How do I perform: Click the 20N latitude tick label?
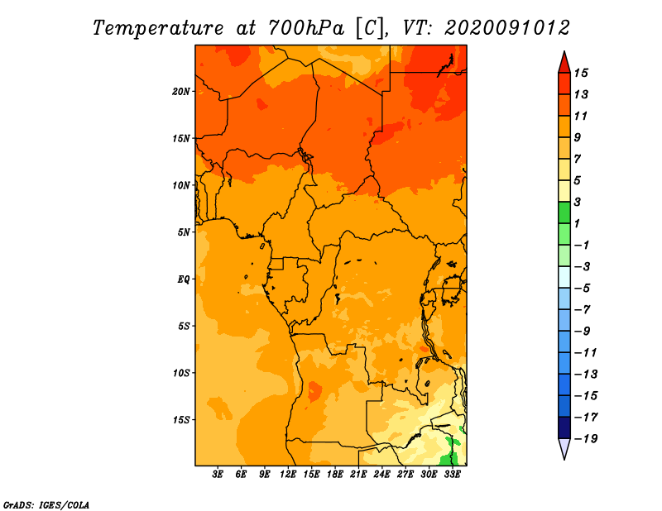181,92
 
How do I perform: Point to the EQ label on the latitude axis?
184,279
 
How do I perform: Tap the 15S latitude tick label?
181,420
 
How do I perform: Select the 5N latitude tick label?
184,232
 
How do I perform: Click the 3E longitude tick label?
218,475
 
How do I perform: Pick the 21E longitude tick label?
358,475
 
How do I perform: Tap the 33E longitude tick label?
452,475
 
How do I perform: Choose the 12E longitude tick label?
287,475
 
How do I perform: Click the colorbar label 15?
581,73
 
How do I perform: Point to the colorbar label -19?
586,439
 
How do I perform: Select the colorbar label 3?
578,202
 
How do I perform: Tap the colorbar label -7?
583,310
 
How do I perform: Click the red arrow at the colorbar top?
564,63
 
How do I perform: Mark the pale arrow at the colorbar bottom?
564,449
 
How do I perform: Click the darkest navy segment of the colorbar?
564,427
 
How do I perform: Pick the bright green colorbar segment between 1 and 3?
564,213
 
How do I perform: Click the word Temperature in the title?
158,28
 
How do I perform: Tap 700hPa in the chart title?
306,28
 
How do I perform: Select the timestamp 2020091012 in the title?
507,28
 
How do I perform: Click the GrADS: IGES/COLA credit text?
46,505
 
